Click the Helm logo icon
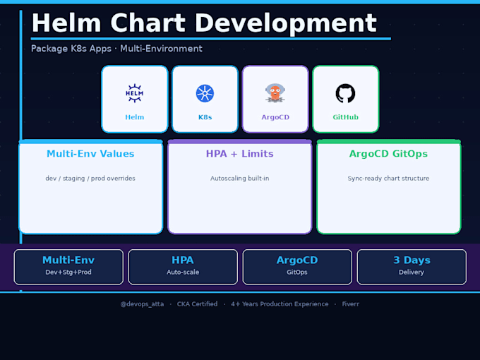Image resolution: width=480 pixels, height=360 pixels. coord(134,93)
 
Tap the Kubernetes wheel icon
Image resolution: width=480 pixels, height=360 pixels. coord(205,93)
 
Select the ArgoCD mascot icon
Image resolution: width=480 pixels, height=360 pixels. coord(275,92)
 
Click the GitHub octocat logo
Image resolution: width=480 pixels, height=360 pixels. coord(345,93)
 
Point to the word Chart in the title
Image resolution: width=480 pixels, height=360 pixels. coord(148,23)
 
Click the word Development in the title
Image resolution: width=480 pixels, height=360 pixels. coord(286,23)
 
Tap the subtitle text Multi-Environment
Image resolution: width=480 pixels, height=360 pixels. coord(161,49)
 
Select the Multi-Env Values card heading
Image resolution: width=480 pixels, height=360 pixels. coord(90,154)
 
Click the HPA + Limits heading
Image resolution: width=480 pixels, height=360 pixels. coord(240,154)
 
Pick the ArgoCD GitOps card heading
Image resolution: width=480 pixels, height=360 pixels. coord(388,154)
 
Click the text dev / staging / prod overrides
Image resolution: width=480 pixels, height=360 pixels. coord(90,179)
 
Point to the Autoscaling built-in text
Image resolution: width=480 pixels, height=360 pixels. coord(240,179)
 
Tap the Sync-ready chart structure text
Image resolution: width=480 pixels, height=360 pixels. coord(388,179)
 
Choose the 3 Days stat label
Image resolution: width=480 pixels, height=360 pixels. coord(412,260)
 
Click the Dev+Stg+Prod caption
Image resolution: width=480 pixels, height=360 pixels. coord(68,272)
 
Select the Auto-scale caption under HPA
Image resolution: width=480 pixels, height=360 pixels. coord(183,272)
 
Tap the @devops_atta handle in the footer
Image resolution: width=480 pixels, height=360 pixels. coord(142,304)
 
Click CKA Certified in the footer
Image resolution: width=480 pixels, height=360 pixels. coord(197,304)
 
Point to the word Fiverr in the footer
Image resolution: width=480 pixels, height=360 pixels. coord(351,304)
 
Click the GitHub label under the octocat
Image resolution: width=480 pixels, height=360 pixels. coord(346,117)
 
